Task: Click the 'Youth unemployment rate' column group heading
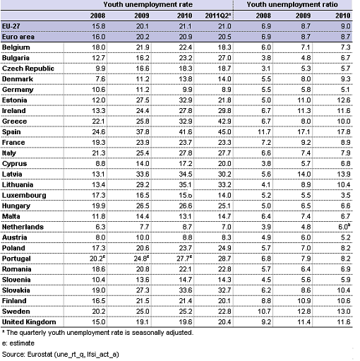click(148, 4)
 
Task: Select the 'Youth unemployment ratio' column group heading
click(292, 4)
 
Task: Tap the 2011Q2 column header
click(217, 16)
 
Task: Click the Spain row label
click(11, 132)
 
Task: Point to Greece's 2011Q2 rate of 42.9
click(224, 122)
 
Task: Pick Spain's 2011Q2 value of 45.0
click(224, 132)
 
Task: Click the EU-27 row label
click(11, 26)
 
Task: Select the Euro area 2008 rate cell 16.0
click(98, 37)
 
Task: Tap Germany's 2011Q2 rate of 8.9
click(227, 90)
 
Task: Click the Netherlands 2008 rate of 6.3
click(100, 227)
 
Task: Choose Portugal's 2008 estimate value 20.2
click(97, 259)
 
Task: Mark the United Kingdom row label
click(29, 322)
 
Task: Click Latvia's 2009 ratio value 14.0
click(304, 174)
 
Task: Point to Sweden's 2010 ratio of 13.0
click(344, 312)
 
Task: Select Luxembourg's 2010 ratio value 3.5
click(346, 195)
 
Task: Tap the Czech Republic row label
click(28, 69)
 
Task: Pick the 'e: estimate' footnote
click(18, 343)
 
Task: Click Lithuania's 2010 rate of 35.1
click(186, 184)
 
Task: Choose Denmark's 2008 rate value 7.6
click(100, 79)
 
